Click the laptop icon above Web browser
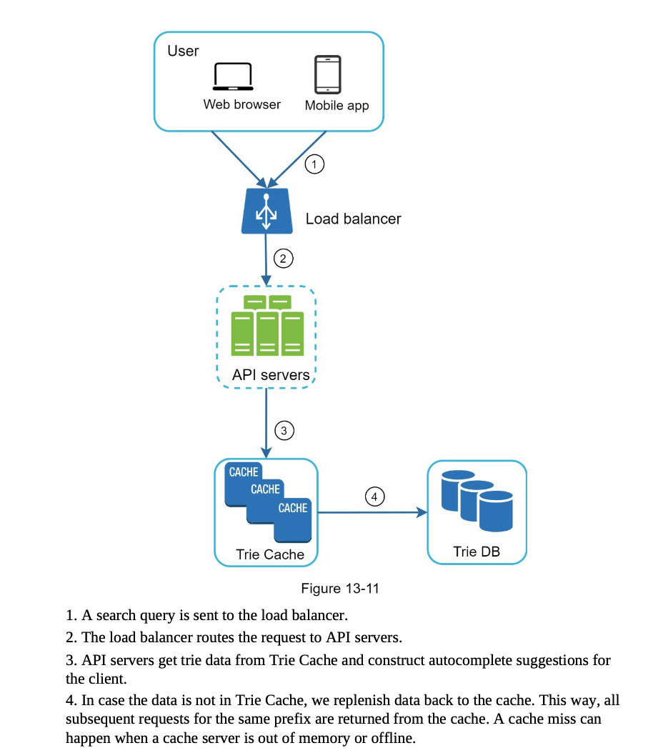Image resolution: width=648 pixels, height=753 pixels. [233, 76]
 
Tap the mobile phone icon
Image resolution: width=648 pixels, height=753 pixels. [328, 74]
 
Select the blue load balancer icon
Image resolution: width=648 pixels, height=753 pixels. [266, 211]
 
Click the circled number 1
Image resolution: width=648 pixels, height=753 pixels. [314, 164]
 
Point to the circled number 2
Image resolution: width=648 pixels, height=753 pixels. [284, 259]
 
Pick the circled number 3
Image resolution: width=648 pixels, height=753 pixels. [284, 431]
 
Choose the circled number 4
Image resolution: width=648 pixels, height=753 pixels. [374, 497]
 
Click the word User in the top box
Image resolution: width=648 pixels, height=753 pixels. [183, 51]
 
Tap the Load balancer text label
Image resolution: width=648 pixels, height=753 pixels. [353, 219]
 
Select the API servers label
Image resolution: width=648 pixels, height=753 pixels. [271, 374]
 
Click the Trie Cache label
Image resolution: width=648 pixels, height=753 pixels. [270, 554]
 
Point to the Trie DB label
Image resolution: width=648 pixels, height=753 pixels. [477, 552]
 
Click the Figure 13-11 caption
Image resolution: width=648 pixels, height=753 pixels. [340, 588]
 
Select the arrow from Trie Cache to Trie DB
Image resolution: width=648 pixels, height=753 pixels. [373, 512]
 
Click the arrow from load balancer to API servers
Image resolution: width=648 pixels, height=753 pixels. [266, 260]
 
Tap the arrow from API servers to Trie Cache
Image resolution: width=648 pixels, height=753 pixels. [266, 423]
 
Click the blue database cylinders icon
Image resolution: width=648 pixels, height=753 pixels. [477, 501]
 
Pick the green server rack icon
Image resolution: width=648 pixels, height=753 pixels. [267, 326]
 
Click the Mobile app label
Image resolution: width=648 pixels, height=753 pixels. [337, 106]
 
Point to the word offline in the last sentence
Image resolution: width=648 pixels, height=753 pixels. [392, 737]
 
